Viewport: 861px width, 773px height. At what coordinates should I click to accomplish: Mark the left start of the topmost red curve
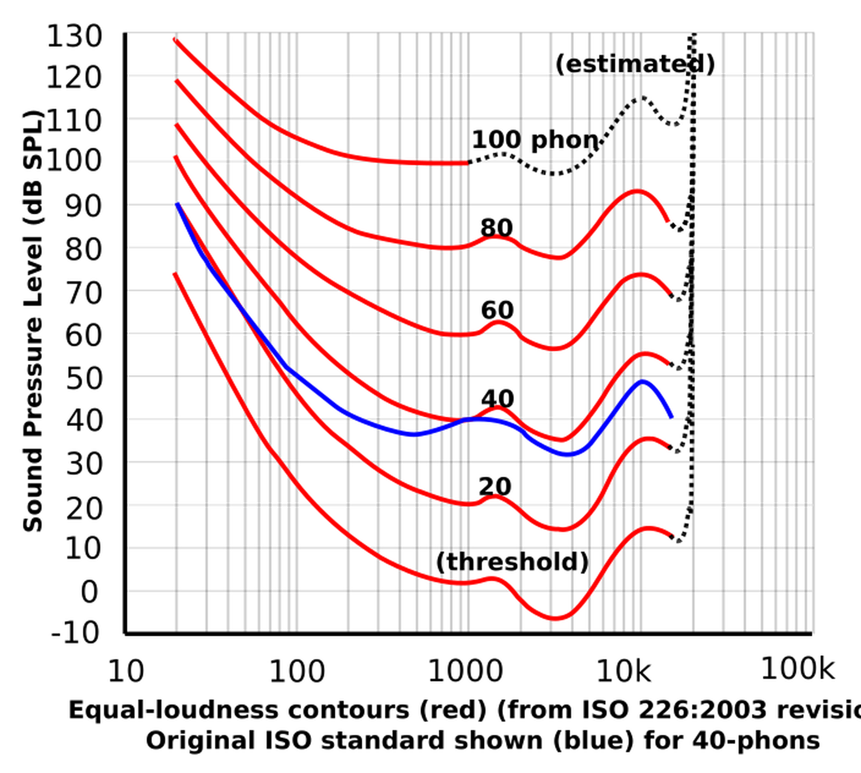click(172, 41)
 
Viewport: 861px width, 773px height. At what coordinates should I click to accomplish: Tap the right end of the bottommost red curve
click(675, 534)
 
